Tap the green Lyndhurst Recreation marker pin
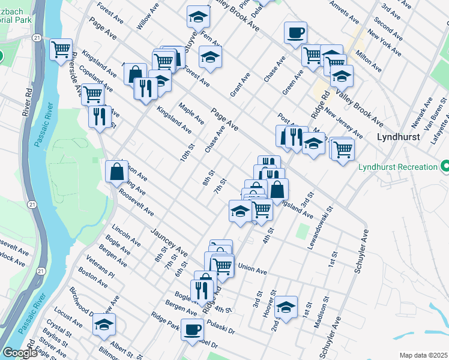click(445, 166)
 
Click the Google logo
click(20, 353)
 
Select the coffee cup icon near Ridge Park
click(192, 329)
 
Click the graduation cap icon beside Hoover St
click(286, 306)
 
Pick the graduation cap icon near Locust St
click(104, 325)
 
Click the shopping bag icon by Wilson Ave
click(116, 172)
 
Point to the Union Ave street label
click(252, 271)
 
